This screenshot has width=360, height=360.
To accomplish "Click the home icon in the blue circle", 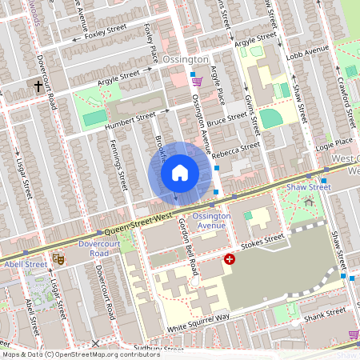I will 179,172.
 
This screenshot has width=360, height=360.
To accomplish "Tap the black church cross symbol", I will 38,85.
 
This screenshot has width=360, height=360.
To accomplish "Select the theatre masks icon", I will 58,258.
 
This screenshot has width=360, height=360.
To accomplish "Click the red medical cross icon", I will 230,259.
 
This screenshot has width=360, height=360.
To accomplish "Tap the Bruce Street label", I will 227,121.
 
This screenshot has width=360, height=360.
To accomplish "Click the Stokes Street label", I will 262,240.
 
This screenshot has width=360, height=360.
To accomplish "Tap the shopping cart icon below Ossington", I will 196,82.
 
